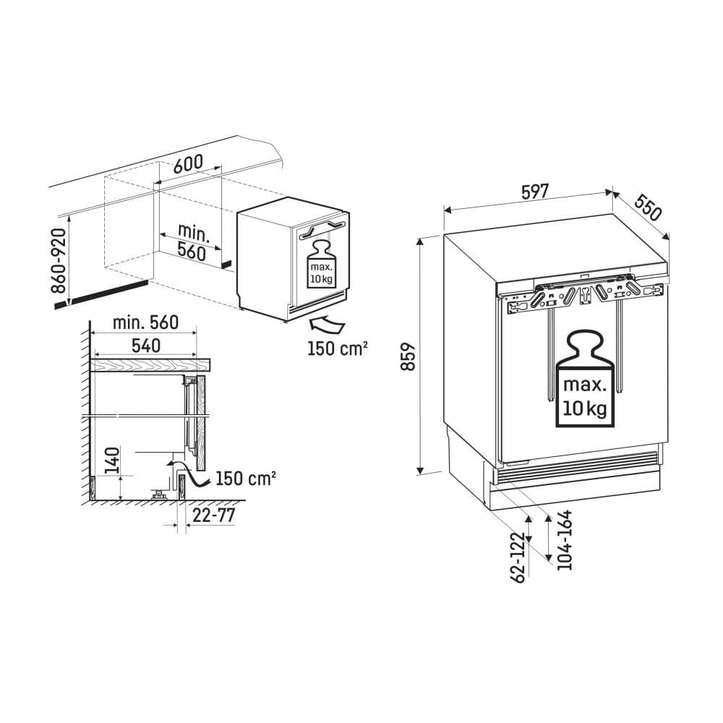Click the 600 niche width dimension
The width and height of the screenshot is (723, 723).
pyautogui.click(x=188, y=163)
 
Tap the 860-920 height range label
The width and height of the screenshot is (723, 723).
pyautogui.click(x=59, y=261)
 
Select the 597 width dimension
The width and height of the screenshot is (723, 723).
pyautogui.click(x=535, y=192)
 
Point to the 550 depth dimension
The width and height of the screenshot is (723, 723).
pyautogui.click(x=647, y=208)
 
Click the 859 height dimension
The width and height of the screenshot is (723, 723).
pyautogui.click(x=408, y=356)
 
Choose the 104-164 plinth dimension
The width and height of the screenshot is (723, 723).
pyautogui.click(x=564, y=540)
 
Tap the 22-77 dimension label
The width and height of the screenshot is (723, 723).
pyautogui.click(x=214, y=515)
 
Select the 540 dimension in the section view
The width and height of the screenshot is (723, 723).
pyautogui.click(x=146, y=346)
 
